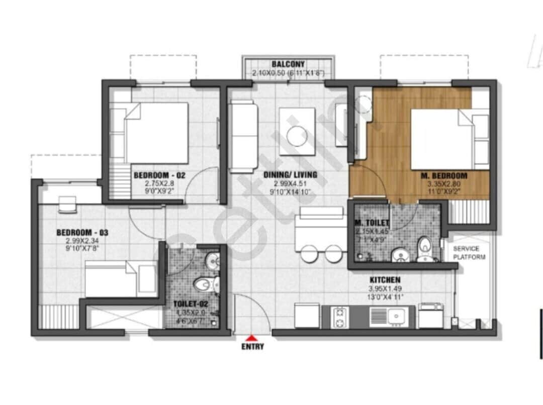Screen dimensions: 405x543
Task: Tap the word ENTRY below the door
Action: coord(252,347)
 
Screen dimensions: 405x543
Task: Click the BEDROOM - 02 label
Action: coord(153,175)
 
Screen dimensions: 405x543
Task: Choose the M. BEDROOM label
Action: coord(444,176)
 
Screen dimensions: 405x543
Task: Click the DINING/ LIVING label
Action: coord(290,175)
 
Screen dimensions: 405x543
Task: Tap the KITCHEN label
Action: coord(385,279)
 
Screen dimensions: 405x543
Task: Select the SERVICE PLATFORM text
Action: coord(470,253)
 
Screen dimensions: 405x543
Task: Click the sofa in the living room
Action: coord(243,136)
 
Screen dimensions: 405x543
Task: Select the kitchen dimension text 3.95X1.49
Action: coord(385,289)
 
